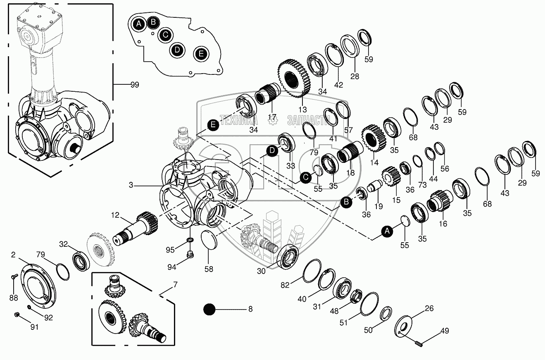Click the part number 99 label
pos(134,85)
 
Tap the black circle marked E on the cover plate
pos(201,53)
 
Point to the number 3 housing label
pos(131,186)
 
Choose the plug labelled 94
pos(190,254)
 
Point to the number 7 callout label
pos(175,284)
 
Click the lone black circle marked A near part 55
pos(387,232)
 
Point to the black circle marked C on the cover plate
pos(165,35)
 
